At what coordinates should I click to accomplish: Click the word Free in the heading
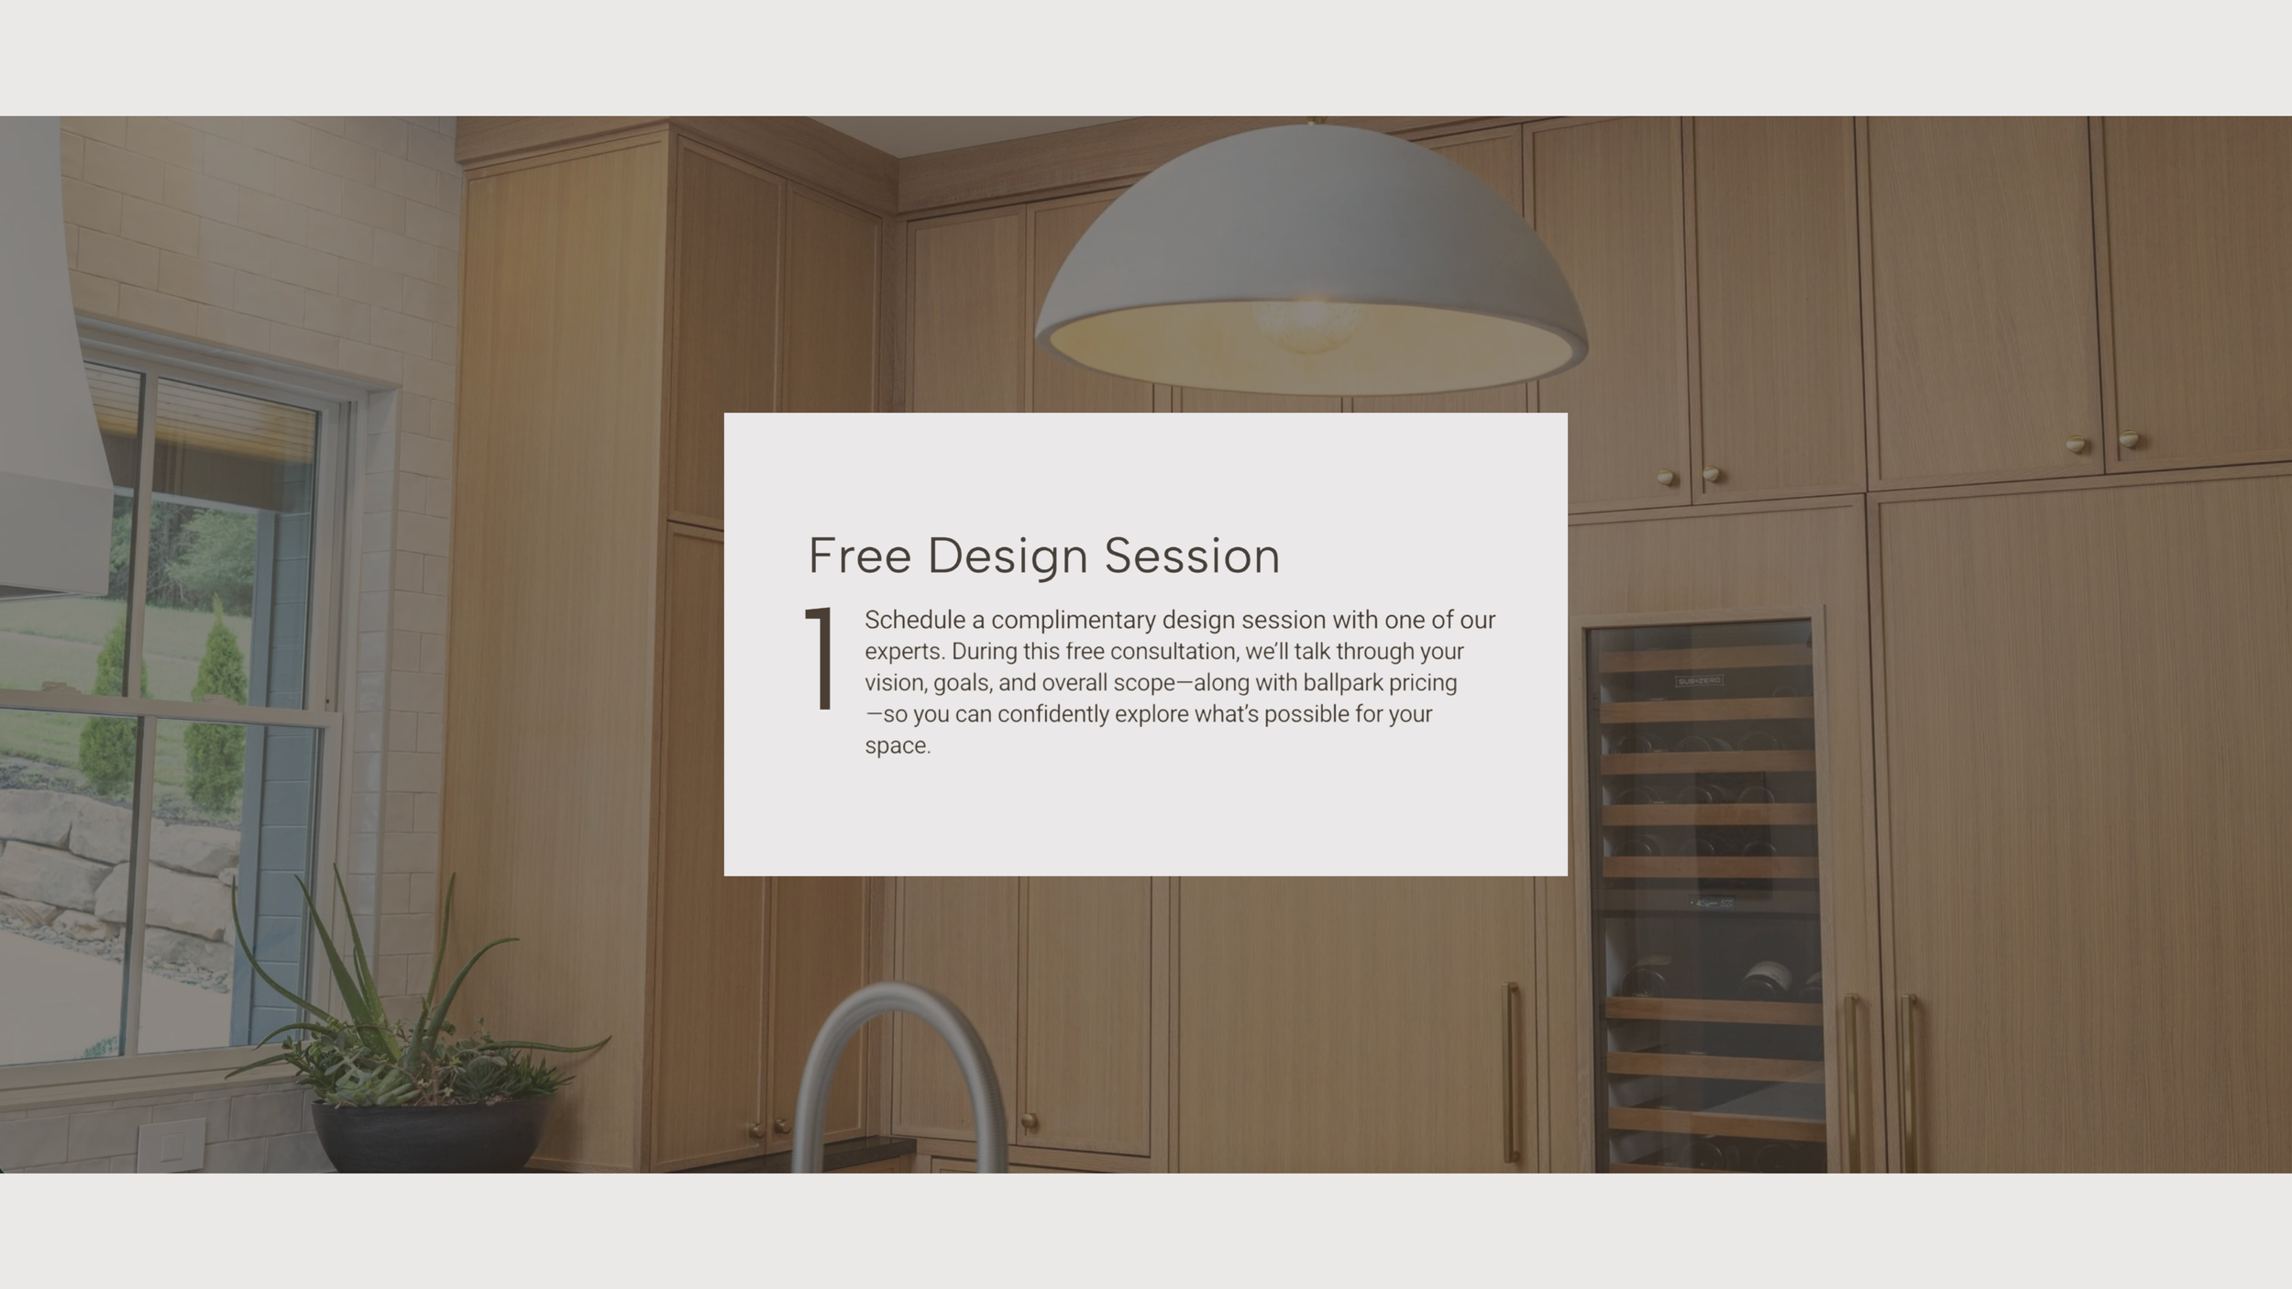pos(859,556)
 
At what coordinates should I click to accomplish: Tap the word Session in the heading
pos(1191,556)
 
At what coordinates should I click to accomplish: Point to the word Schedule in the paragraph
pos(914,621)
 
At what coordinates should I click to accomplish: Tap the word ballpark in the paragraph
pos(1342,683)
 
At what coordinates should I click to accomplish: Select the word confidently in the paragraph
pos(1052,714)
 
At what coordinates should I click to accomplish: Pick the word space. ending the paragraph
pos(897,745)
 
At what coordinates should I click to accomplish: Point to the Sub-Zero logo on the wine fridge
pos(1699,681)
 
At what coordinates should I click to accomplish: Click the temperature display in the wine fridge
pos(1712,903)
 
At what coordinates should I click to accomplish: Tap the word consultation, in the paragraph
pos(1174,652)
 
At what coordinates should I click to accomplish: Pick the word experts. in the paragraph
pos(904,652)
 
